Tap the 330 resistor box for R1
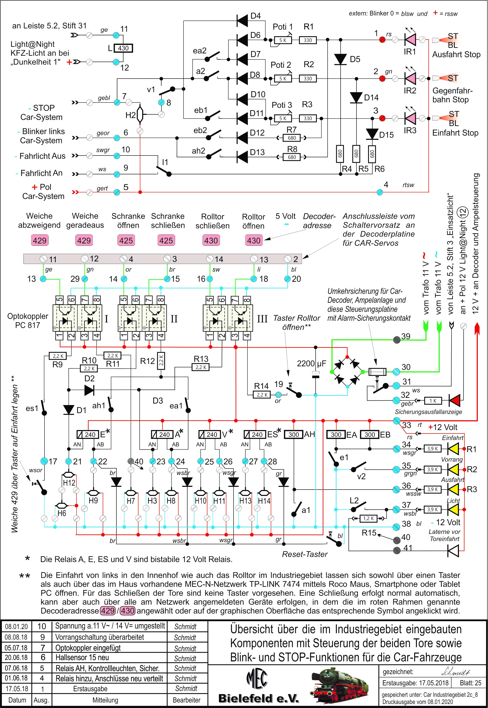(x=308, y=40)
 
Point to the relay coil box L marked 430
(x=123, y=48)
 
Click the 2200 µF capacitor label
(x=311, y=364)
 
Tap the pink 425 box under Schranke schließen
(x=166, y=240)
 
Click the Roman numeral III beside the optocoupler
(x=262, y=319)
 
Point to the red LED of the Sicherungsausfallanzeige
(x=455, y=400)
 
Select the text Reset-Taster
(x=304, y=554)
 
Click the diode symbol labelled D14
(x=356, y=97)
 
